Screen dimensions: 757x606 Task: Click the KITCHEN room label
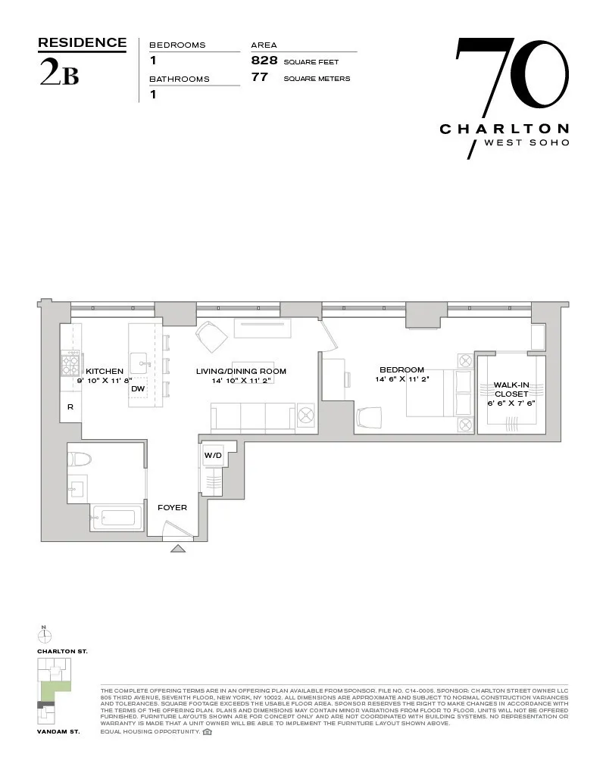click(x=105, y=371)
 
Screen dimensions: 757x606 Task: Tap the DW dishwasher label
click(x=138, y=389)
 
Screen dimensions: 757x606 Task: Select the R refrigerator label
click(x=70, y=407)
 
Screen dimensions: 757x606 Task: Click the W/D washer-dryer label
click(x=212, y=456)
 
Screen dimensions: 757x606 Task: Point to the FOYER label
click(x=172, y=507)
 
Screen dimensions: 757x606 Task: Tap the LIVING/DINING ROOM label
click(x=241, y=371)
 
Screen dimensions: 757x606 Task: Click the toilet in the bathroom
click(x=80, y=459)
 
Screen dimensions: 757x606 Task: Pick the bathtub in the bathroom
click(x=116, y=519)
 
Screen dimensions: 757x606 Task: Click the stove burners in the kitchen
click(x=71, y=366)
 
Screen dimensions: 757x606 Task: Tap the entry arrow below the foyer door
click(x=177, y=548)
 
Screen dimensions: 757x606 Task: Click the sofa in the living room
click(x=253, y=416)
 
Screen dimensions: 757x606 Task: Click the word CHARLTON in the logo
click(x=504, y=129)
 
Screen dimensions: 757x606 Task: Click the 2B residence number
click(x=58, y=76)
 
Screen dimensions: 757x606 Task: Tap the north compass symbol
click(x=44, y=634)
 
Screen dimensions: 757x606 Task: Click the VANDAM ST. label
click(x=58, y=733)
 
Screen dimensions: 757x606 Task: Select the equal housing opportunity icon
click(x=208, y=732)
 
